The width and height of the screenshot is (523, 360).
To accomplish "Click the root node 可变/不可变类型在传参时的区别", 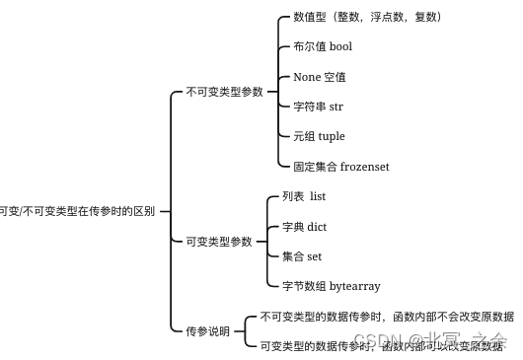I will (x=77, y=211).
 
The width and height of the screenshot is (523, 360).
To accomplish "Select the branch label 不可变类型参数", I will (x=225, y=92).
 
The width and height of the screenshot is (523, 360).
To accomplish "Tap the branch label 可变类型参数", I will (x=219, y=242).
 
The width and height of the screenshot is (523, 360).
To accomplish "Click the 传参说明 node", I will (x=207, y=331).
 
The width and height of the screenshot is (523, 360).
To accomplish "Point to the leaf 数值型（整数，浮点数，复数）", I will (x=367, y=17).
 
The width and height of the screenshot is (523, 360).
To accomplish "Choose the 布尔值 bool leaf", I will (x=323, y=46).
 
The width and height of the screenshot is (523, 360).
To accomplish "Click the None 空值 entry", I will (x=320, y=77).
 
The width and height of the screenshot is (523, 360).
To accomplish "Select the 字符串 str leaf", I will (x=318, y=107).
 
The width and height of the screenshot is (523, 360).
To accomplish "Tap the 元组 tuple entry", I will (x=319, y=136).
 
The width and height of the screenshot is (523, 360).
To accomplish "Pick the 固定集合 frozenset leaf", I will (x=341, y=167).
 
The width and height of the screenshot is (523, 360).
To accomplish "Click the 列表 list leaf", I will (x=304, y=197).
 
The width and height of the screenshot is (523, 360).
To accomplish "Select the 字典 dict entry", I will (x=304, y=227).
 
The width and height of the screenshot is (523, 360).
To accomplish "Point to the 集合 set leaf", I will (x=302, y=256).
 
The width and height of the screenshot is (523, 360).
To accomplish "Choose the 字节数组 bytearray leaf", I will (x=331, y=286).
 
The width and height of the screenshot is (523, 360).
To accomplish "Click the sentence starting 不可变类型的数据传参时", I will (x=387, y=318).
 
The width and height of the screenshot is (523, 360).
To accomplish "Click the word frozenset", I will (x=365, y=167).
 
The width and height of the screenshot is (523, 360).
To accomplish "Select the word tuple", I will (x=332, y=136).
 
